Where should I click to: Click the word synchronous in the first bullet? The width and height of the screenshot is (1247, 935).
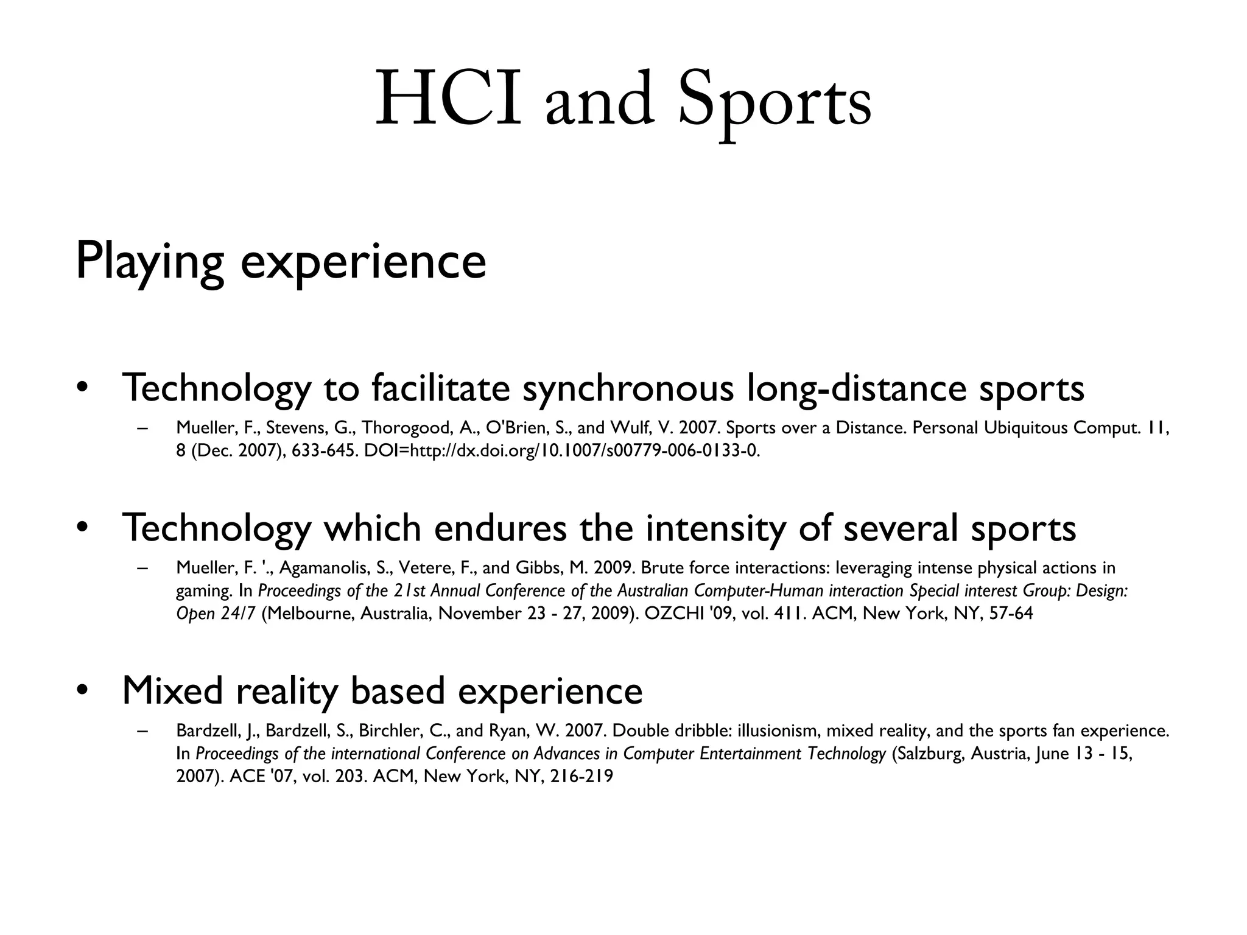point(628,388)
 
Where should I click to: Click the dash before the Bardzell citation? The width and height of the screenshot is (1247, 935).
point(143,731)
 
